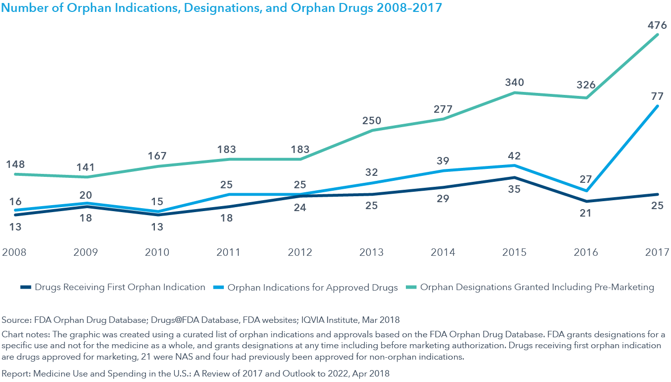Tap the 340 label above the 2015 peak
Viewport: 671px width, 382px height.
(515, 82)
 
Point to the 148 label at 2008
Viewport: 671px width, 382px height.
(15, 164)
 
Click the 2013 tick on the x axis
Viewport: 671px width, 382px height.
(372, 252)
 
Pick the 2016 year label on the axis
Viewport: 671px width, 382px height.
(586, 252)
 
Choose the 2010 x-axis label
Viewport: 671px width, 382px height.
(157, 252)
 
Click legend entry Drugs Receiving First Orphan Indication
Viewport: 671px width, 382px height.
(120, 287)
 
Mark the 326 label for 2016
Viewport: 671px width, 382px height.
(586, 85)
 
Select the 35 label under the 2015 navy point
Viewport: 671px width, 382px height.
(515, 189)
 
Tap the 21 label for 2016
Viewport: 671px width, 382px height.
(586, 213)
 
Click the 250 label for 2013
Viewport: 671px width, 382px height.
(372, 120)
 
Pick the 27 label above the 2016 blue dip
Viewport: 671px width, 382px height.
(586, 179)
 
